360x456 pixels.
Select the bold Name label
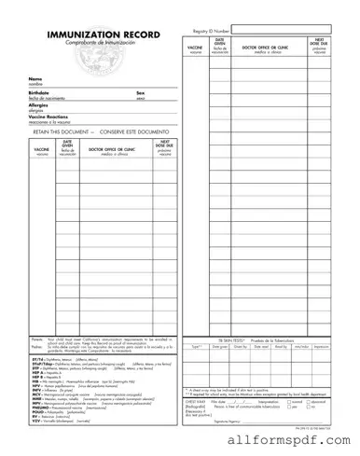pos(35,78)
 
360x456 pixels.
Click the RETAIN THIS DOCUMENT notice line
pos(89,132)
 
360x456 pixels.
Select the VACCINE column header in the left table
pos(42,149)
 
